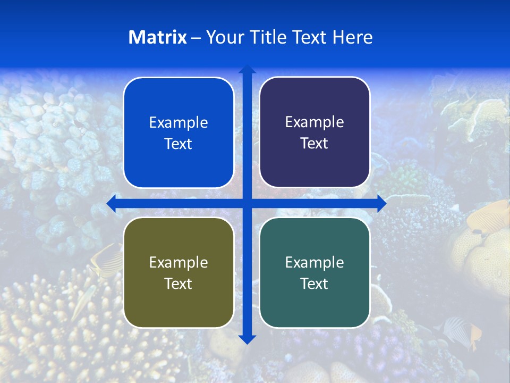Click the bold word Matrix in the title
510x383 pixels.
(158, 37)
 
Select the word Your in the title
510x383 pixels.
(223, 37)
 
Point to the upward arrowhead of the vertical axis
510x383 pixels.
(247, 69)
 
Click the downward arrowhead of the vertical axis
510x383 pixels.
(247, 339)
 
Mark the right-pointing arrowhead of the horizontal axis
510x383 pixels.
(381, 203)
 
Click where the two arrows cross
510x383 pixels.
(247, 203)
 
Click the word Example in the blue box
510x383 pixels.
(178, 123)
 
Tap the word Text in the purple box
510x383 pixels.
(314, 144)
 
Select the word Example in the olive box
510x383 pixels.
(178, 262)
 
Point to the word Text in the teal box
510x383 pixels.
(314, 284)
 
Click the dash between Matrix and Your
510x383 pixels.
(196, 38)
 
